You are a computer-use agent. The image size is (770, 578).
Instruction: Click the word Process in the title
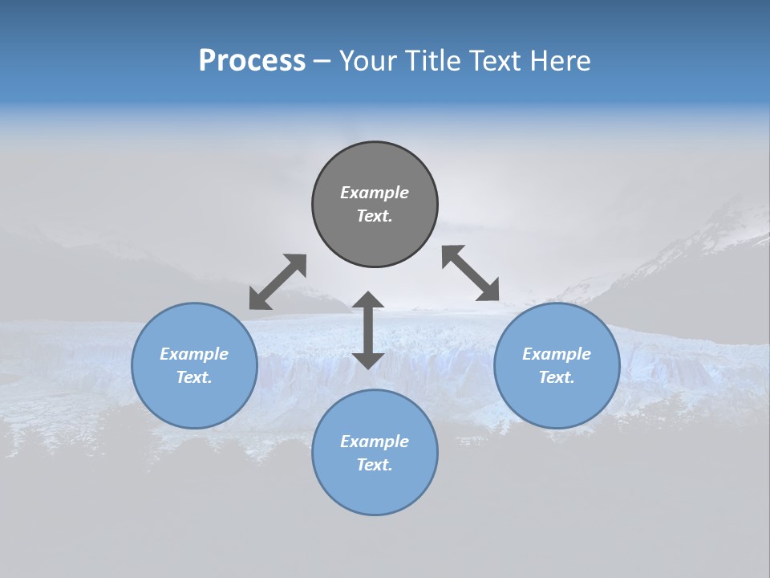[x=252, y=61]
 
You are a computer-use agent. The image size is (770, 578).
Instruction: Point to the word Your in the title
[x=369, y=61]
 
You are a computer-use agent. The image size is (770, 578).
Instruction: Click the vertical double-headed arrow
[x=368, y=330]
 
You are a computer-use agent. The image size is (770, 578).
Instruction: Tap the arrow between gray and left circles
[x=278, y=282]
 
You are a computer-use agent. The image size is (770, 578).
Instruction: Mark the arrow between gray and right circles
[x=471, y=273]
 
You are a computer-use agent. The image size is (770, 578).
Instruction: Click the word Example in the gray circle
[x=375, y=193]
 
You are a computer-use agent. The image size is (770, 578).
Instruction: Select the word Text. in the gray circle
[x=375, y=216]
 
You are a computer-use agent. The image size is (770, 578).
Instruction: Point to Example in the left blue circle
[x=194, y=354]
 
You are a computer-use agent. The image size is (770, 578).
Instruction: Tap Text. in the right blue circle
[x=557, y=377]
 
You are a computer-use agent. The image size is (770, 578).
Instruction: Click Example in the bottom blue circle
[x=375, y=442]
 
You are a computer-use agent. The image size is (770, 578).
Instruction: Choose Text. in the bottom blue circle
[x=375, y=465]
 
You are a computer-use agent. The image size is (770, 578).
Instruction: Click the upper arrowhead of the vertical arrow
[x=368, y=300]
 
